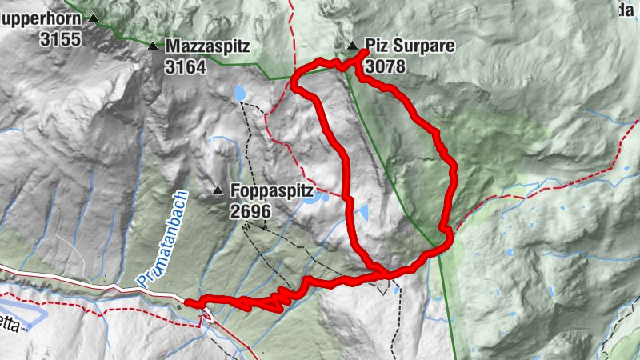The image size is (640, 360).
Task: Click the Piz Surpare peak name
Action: tap(409, 46)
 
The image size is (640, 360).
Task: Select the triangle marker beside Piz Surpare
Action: tap(352, 46)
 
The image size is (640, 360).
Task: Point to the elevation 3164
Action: tap(186, 67)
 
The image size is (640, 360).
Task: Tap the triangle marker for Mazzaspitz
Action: tap(152, 46)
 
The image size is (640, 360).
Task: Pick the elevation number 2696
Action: tap(251, 212)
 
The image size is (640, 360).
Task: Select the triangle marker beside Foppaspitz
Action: tap(218, 191)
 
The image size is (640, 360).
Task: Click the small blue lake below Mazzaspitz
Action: tap(239, 94)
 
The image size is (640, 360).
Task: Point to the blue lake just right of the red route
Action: tap(362, 213)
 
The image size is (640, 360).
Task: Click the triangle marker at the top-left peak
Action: tap(94, 18)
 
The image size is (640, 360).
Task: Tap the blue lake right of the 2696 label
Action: tap(312, 199)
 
